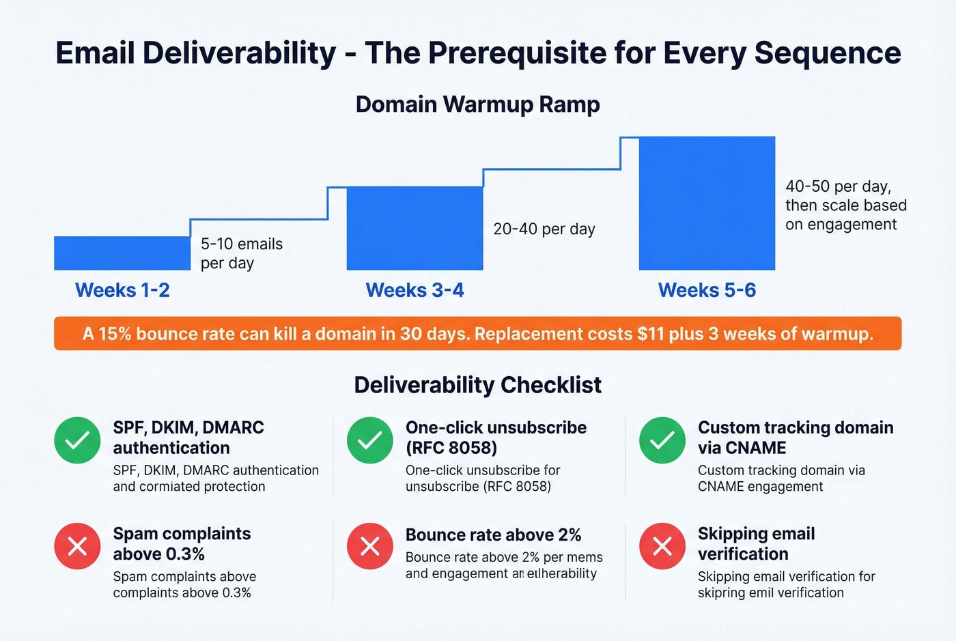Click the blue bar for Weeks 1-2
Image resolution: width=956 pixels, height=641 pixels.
[x=122, y=253]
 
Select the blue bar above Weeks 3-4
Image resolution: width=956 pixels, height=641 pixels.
[x=414, y=228]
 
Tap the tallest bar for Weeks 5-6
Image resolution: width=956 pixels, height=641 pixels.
[x=707, y=203]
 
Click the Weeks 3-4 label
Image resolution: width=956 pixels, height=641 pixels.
[x=414, y=290]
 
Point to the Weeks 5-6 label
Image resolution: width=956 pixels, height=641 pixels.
[x=707, y=290]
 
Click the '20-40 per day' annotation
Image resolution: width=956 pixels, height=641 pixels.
[x=544, y=229]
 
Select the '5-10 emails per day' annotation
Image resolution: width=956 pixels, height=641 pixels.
[x=241, y=253]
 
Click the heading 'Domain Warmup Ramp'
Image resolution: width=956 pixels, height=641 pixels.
[x=477, y=104]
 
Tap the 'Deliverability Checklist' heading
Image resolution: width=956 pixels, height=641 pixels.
[x=477, y=385]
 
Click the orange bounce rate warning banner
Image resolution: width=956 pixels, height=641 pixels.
[x=477, y=334]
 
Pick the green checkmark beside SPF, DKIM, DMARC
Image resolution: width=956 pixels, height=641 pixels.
[x=77, y=440]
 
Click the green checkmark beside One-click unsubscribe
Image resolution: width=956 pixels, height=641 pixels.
[x=369, y=440]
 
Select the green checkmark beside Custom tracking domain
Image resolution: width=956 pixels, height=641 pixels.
[x=662, y=440]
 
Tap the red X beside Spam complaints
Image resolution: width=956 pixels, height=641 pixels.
[x=77, y=546]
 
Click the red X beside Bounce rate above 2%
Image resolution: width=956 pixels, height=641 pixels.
[x=369, y=546]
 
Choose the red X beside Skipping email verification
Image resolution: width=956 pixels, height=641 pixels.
[x=662, y=546]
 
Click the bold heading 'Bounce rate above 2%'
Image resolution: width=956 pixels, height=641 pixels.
[x=493, y=535]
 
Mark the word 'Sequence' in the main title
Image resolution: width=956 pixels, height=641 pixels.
[x=828, y=53]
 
